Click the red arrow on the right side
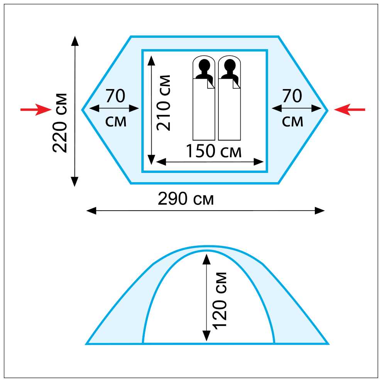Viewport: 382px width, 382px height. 349,110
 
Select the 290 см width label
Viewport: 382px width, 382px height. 186,199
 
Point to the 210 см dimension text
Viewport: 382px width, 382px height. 164,102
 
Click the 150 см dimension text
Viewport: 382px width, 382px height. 213,151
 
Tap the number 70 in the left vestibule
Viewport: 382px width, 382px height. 115,96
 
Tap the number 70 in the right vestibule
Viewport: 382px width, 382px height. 292,96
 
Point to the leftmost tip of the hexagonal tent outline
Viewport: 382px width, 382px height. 82,110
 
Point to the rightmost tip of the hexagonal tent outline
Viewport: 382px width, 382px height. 328,110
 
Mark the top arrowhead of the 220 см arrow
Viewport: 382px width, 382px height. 75,41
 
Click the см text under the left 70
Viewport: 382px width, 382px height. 116,122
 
